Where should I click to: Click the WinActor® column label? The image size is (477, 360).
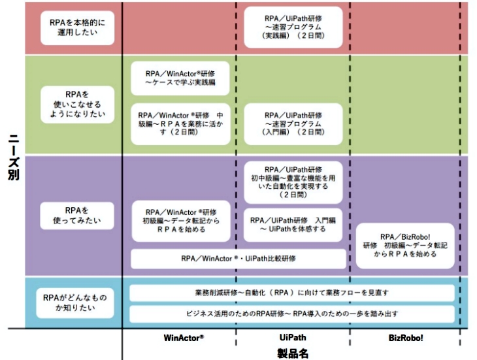point(184,338)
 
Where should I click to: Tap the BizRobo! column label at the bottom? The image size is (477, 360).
point(406,338)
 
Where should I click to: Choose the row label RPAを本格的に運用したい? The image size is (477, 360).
point(77,26)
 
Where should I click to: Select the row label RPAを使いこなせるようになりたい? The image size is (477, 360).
point(77,103)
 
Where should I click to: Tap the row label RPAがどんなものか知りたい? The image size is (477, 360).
point(77,302)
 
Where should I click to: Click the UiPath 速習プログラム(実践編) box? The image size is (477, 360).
point(293,27)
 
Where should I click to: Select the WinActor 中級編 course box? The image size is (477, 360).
point(181,123)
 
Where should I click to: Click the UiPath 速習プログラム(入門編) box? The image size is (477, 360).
point(293,123)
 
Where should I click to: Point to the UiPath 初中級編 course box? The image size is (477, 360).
point(293,181)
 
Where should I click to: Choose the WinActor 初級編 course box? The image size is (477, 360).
point(181,220)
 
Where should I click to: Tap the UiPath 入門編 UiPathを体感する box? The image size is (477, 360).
point(293,224)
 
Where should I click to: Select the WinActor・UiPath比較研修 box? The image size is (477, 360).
point(238,259)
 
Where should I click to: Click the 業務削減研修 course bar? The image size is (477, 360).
point(292,292)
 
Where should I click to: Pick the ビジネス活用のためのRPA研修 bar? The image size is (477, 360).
point(292,314)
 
